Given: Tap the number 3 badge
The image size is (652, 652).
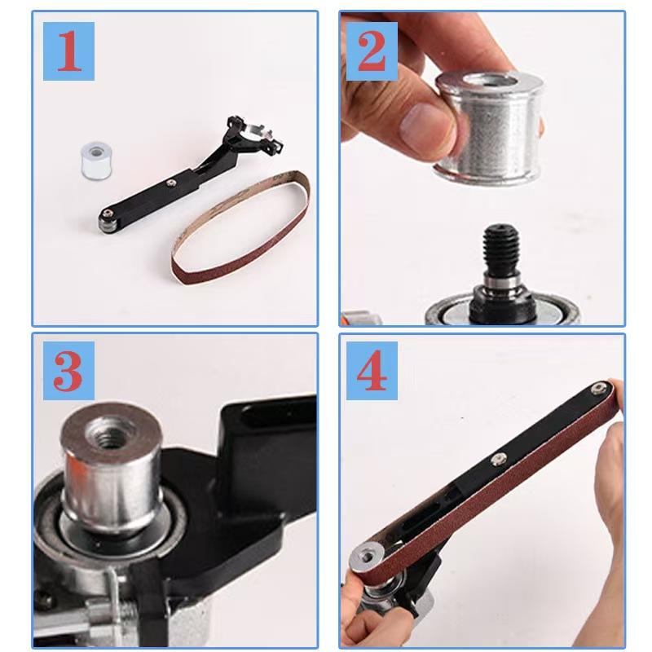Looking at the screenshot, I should (x=70, y=370).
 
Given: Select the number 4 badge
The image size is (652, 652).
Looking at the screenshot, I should (x=371, y=370).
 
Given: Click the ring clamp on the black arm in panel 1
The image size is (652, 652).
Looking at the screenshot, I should (x=253, y=130).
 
